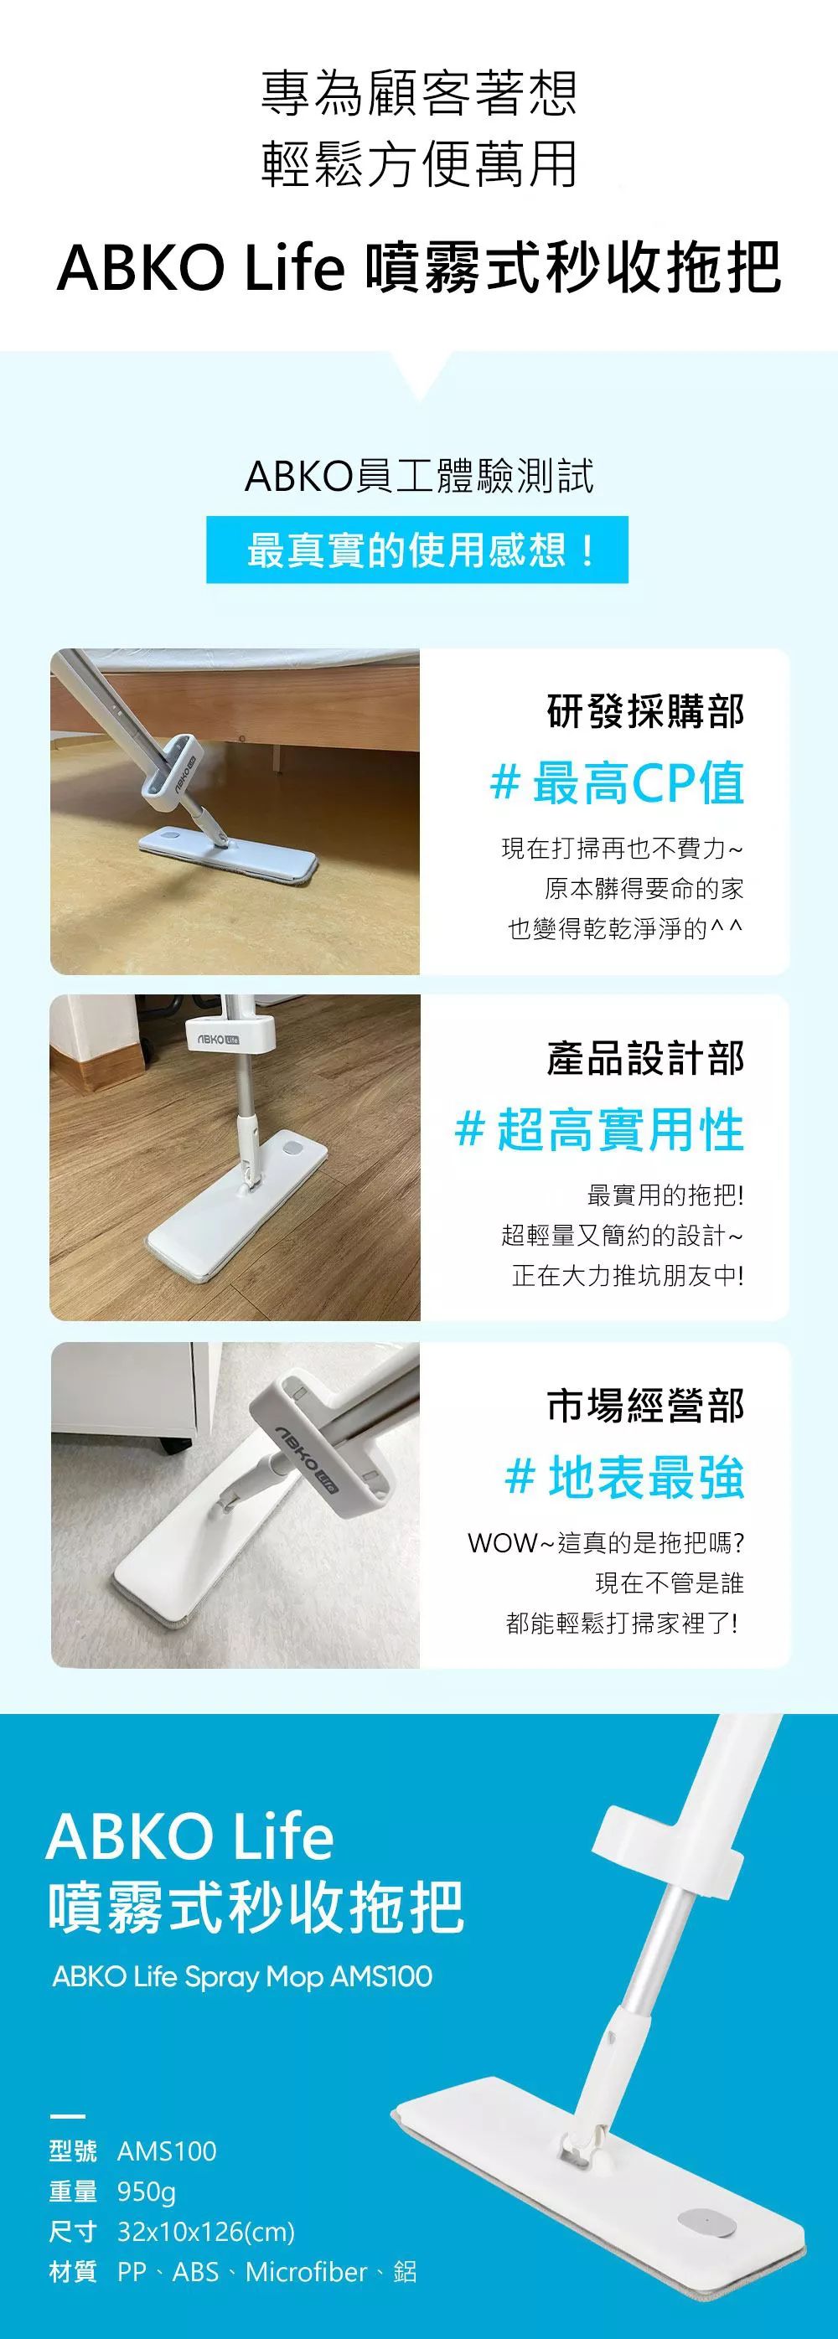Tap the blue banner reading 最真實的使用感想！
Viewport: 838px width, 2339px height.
point(416,550)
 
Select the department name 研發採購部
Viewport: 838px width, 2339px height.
point(645,712)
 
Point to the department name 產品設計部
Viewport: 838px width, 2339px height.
point(645,1059)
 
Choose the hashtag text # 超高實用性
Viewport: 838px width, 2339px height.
point(599,1131)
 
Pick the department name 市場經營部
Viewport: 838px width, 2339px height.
point(645,1406)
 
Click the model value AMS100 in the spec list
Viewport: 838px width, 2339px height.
point(167,2151)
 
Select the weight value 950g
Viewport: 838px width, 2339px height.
point(146,2192)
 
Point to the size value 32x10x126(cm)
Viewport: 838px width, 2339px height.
point(206,2232)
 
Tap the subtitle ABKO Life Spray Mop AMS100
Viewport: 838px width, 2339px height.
point(242,1977)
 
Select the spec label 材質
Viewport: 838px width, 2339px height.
point(73,2272)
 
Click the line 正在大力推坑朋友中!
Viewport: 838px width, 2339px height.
point(628,1276)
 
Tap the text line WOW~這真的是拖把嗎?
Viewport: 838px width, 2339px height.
point(606,1542)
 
